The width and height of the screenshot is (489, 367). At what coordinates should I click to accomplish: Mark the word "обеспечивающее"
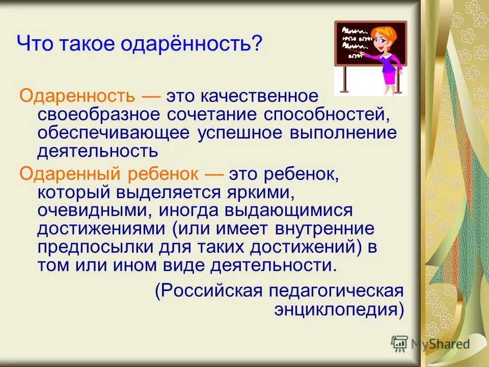point(112,133)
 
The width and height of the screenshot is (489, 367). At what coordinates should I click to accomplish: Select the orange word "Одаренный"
point(66,174)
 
